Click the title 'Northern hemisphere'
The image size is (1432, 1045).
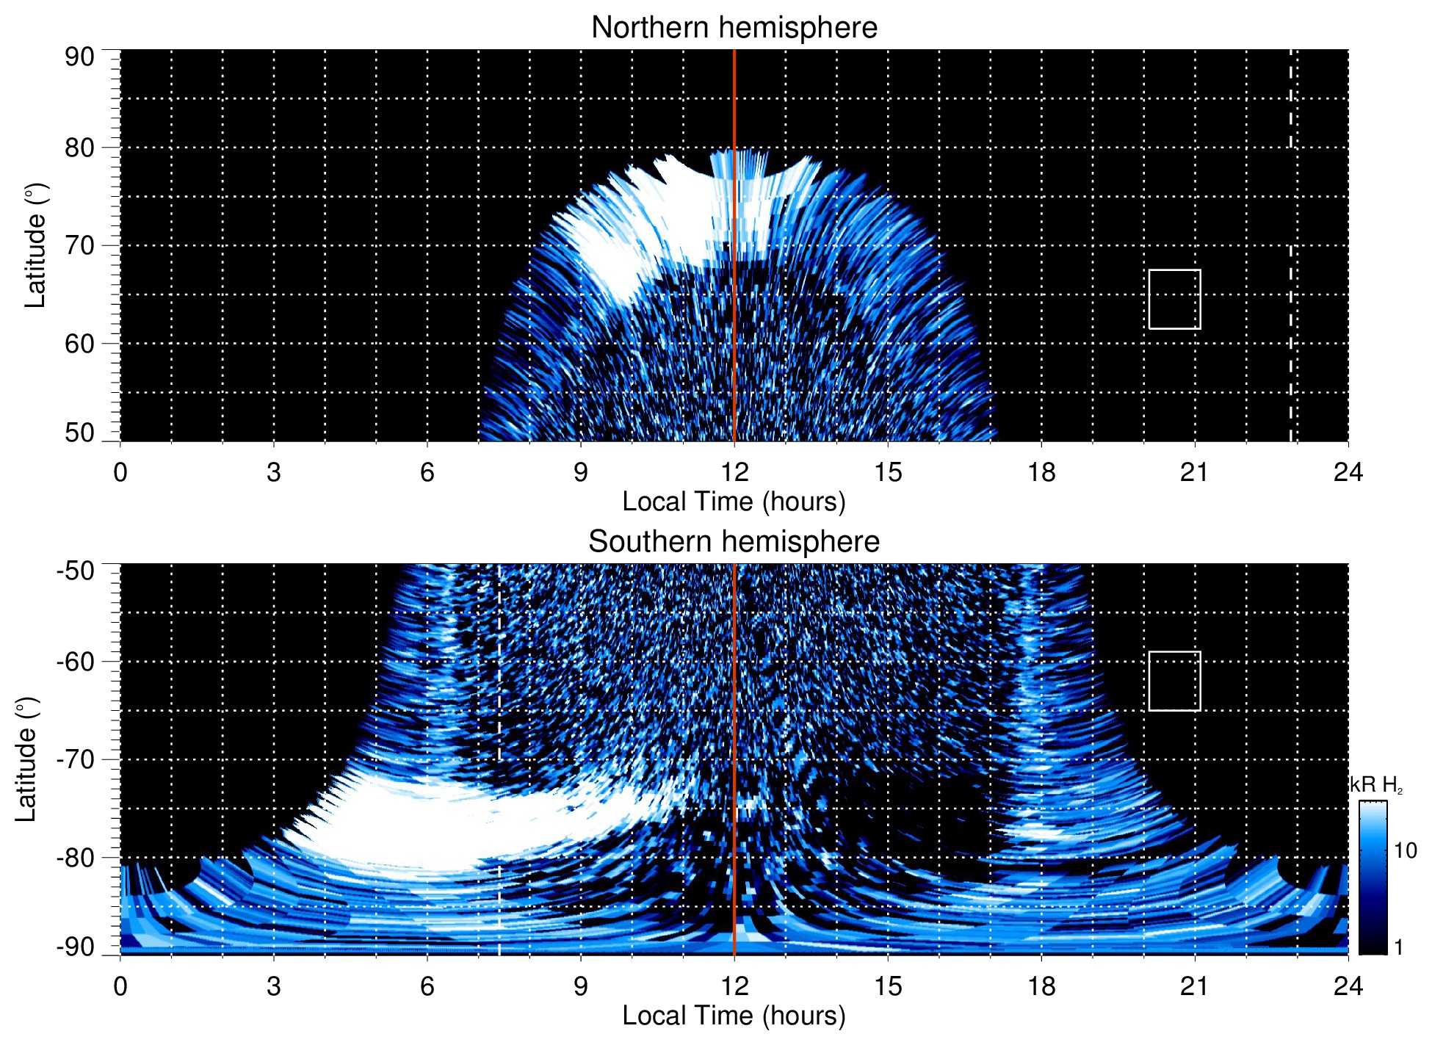[x=734, y=28]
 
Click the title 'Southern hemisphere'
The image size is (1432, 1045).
[x=734, y=542]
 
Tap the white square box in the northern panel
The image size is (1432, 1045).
[x=1174, y=300]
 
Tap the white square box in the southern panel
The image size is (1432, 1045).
[x=1174, y=681]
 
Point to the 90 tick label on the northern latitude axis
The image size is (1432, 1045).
[x=79, y=57]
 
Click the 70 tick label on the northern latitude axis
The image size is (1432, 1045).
[x=79, y=245]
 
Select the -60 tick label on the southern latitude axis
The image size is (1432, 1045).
[x=76, y=661]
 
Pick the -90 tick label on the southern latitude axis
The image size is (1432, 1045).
[x=76, y=947]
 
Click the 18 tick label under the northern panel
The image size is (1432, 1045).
[x=1041, y=472]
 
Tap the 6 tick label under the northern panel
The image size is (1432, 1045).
[x=427, y=472]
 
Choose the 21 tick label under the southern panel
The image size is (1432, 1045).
[x=1194, y=986]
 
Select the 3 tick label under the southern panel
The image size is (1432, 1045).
[x=273, y=986]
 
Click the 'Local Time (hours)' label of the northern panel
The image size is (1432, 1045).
[x=734, y=502]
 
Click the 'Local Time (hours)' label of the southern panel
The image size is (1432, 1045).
[x=734, y=1016]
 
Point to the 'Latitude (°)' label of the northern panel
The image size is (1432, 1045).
[x=35, y=245]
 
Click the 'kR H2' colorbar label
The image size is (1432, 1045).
[x=1377, y=785]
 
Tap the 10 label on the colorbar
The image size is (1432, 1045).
[x=1405, y=850]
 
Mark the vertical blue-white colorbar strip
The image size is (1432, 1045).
[x=1372, y=878]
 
